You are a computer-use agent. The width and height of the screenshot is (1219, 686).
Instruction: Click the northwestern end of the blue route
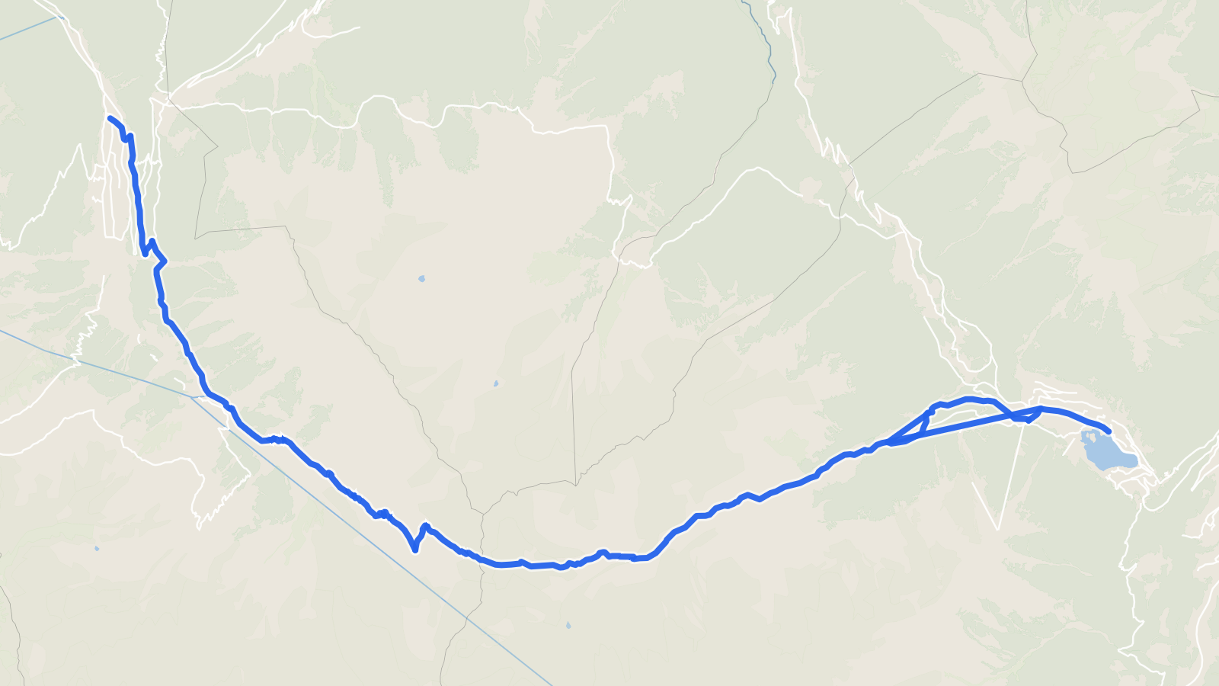[110, 118]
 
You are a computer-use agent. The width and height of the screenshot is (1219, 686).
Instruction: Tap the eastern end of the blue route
[1109, 432]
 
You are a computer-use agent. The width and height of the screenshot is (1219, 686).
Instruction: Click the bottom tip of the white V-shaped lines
[998, 528]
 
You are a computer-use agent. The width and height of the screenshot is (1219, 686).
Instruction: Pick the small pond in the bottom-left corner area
[97, 548]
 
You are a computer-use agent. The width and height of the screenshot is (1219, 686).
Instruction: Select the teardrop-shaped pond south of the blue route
[568, 626]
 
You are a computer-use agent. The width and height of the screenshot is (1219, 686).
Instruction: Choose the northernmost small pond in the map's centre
[421, 279]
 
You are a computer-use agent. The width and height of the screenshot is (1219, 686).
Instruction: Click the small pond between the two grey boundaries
[496, 383]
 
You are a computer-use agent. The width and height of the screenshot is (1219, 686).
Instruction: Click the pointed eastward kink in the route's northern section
[165, 262]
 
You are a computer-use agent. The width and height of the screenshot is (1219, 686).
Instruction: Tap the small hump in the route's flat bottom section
[602, 553]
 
